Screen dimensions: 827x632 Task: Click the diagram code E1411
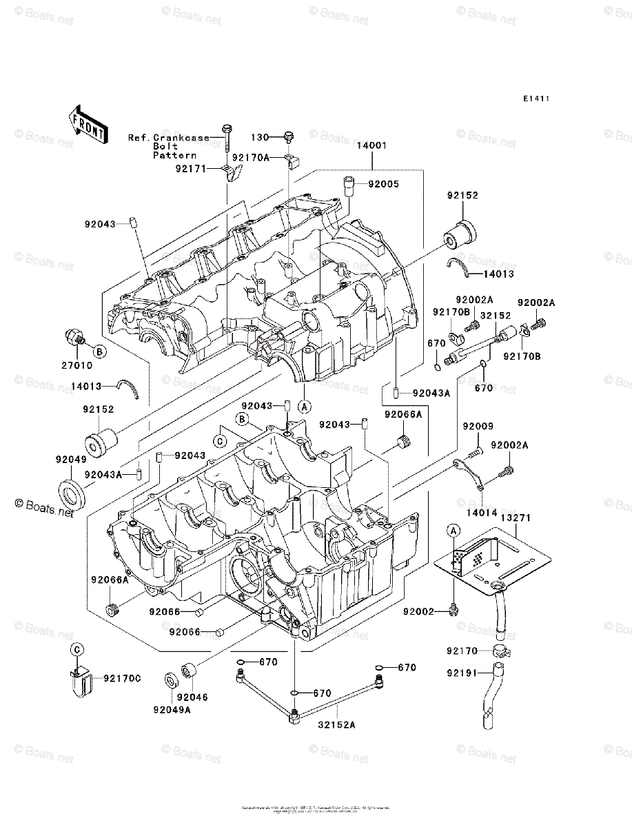[536, 99]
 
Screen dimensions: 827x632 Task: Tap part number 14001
[372, 146]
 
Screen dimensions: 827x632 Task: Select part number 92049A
[172, 710]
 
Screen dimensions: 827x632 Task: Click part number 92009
[478, 427]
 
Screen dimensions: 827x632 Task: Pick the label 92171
[190, 167]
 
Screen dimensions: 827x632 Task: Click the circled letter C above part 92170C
[78, 649]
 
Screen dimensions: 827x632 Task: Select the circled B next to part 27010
[99, 352]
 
